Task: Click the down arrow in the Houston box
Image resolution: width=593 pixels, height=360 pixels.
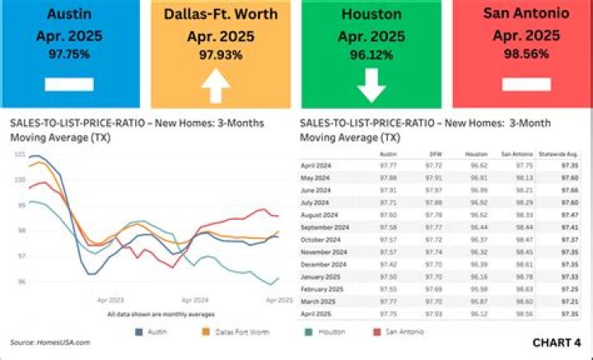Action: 371,85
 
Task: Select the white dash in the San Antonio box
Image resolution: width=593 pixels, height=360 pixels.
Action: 525,84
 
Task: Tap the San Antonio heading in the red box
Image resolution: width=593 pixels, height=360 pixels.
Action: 525,14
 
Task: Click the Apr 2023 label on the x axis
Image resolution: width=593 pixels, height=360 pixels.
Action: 110,301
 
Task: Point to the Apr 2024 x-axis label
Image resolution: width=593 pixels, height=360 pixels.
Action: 194,301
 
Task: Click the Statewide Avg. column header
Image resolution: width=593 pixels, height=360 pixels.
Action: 557,153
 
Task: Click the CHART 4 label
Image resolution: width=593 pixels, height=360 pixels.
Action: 556,342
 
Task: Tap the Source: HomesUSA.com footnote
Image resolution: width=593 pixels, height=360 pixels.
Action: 50,342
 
